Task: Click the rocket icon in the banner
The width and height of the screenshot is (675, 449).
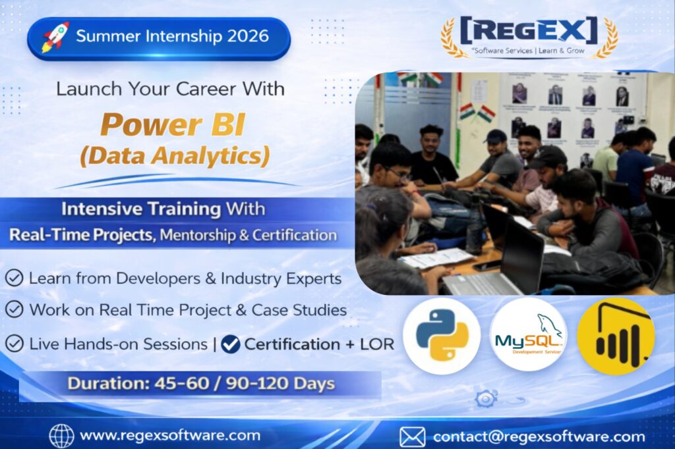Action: pos(55,37)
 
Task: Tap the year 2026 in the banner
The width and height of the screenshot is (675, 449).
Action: pos(248,36)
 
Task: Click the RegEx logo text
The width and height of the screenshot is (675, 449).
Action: pos(529,30)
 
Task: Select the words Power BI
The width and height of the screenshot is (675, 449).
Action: pos(173,124)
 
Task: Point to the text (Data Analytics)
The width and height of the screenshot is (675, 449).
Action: pos(175,155)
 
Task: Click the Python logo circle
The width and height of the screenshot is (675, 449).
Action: pos(442,336)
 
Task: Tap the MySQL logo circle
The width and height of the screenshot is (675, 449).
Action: pos(529,334)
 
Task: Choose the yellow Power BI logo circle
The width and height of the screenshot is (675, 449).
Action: pos(616,336)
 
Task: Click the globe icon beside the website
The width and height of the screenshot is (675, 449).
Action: pos(61,436)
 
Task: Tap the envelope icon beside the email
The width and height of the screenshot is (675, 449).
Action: pos(413,437)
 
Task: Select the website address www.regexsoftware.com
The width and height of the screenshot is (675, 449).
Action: pos(170,435)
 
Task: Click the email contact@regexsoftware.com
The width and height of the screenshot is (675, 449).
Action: pos(539,437)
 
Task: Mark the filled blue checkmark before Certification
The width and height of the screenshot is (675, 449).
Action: pos(231,344)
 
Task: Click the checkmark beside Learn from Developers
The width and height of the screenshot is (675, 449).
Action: pos(15,278)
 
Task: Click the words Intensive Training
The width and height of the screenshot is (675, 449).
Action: pos(141,209)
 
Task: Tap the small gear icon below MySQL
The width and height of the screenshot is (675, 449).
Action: pos(486,399)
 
